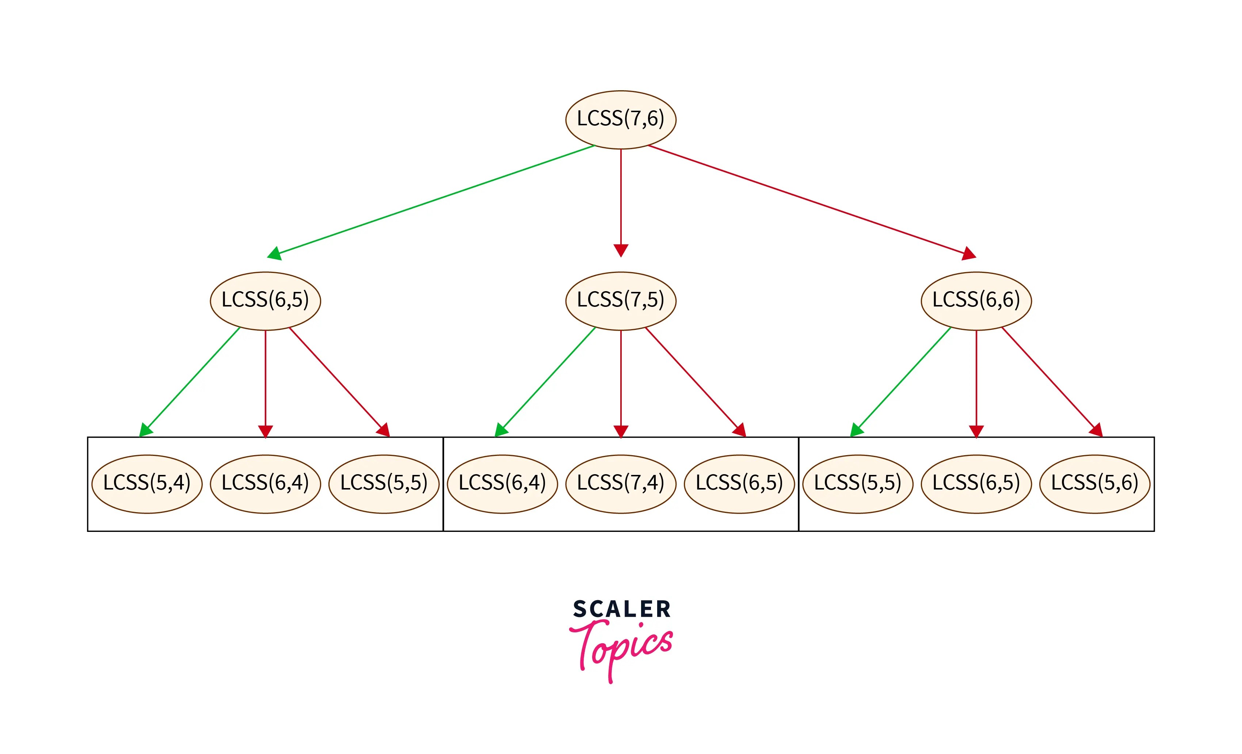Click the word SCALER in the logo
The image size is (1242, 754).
click(621, 609)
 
